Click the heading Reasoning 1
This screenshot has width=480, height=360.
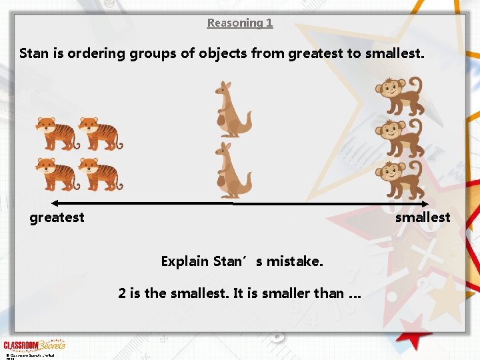coord(240,23)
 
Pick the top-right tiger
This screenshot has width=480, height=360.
coord(101,133)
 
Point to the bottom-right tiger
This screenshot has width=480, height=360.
coord(101,174)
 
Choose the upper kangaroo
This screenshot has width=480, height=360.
coord(231,109)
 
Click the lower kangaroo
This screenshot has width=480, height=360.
coord(231,170)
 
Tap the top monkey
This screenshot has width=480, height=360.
coord(398,96)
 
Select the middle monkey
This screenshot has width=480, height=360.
coord(398,138)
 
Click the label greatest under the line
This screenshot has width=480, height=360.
coord(57,217)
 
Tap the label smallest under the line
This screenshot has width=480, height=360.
coord(423,217)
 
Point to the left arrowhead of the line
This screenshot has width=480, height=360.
coord(55,203)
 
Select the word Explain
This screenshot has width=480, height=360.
coord(185,261)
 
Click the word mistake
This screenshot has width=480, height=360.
coord(295,261)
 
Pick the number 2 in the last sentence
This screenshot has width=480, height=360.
coord(122,293)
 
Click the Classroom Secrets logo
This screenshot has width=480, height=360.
coord(35,345)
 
